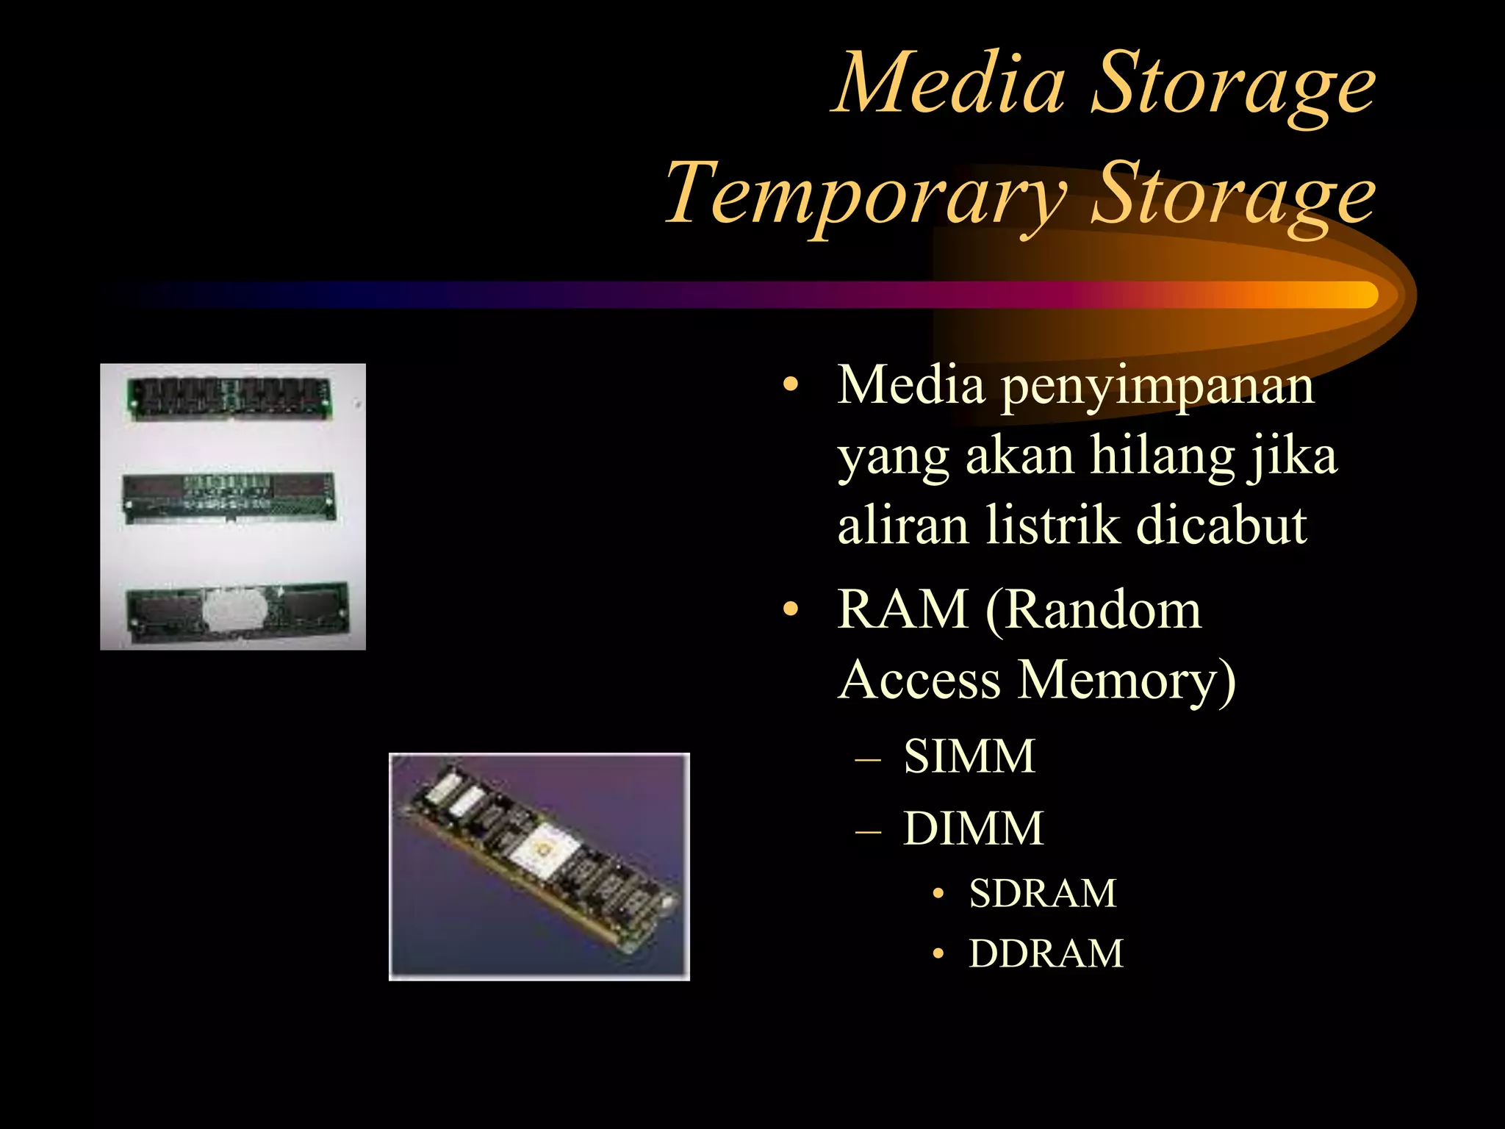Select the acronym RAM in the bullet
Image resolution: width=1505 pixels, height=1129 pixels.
click(x=903, y=609)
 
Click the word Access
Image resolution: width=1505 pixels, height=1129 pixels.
click(x=919, y=680)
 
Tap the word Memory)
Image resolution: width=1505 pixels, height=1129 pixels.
click(x=1127, y=680)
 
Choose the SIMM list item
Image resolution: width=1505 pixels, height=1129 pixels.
click(x=969, y=757)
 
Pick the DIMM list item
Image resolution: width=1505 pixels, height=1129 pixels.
click(x=973, y=829)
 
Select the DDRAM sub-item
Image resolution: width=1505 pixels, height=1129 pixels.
click(x=1046, y=954)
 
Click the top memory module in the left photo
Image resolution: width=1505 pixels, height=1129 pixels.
click(x=231, y=398)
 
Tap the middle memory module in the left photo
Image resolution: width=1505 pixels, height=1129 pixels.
click(x=229, y=497)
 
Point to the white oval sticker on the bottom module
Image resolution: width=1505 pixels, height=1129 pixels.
click(x=232, y=609)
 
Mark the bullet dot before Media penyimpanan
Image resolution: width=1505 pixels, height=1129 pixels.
click(x=790, y=386)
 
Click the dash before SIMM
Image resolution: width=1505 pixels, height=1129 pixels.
click(x=868, y=758)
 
